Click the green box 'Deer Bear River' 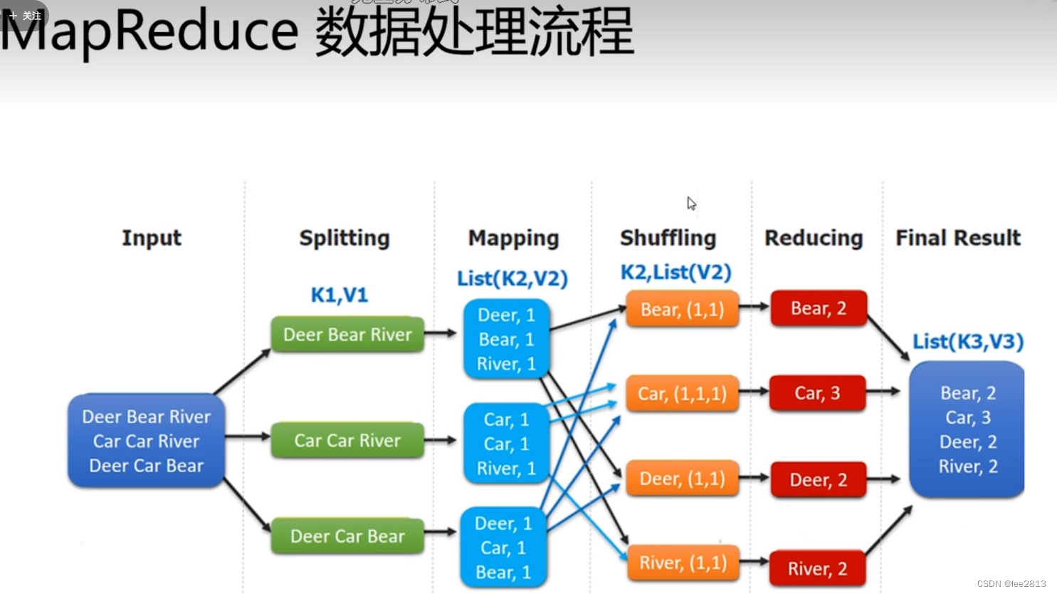coord(347,335)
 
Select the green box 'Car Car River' coord(347,441)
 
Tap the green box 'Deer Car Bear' coord(347,536)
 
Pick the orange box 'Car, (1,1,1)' coord(682,394)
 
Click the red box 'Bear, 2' coord(819,308)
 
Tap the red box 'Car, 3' coord(817,393)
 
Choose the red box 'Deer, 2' coord(818,480)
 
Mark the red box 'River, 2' coord(817,568)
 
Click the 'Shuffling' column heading coord(668,238)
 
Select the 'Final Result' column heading coord(957,238)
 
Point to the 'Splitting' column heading coord(345,238)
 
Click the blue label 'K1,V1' coord(340,295)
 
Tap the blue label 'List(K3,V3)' coord(968,342)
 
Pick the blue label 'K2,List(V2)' coord(675,272)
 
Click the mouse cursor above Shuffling coord(691,204)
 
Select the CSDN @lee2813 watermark coord(1011,584)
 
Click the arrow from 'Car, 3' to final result coord(883,391)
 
